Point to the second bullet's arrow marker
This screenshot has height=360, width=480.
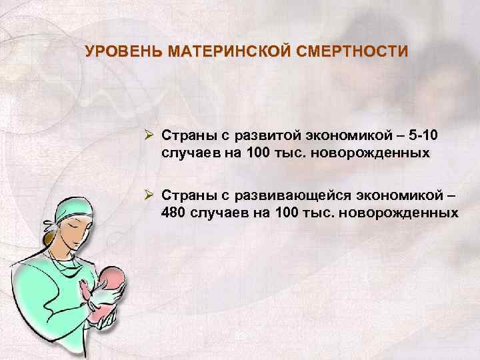pyautogui.click(x=151, y=195)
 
